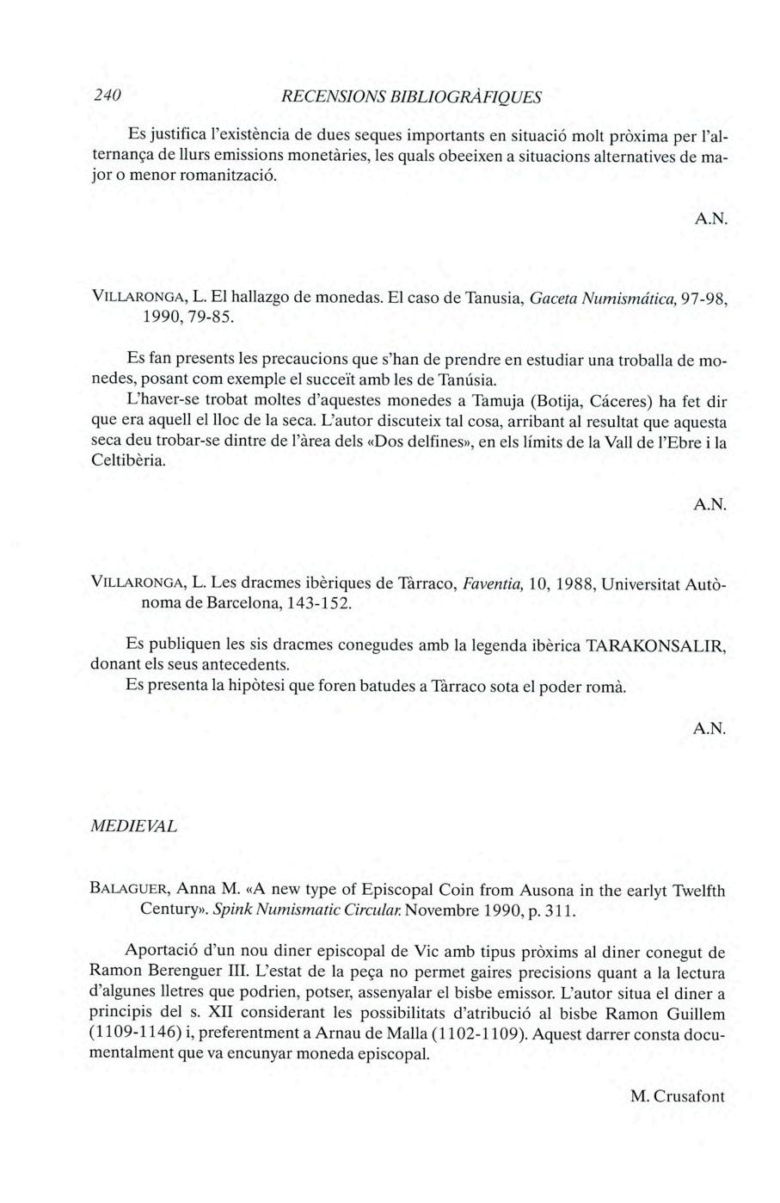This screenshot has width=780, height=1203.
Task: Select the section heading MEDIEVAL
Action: [x=134, y=826]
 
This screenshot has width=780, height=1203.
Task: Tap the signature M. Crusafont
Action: [x=678, y=1096]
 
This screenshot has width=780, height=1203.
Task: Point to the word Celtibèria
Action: [x=126, y=461]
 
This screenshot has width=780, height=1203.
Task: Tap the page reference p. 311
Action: [x=539, y=910]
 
